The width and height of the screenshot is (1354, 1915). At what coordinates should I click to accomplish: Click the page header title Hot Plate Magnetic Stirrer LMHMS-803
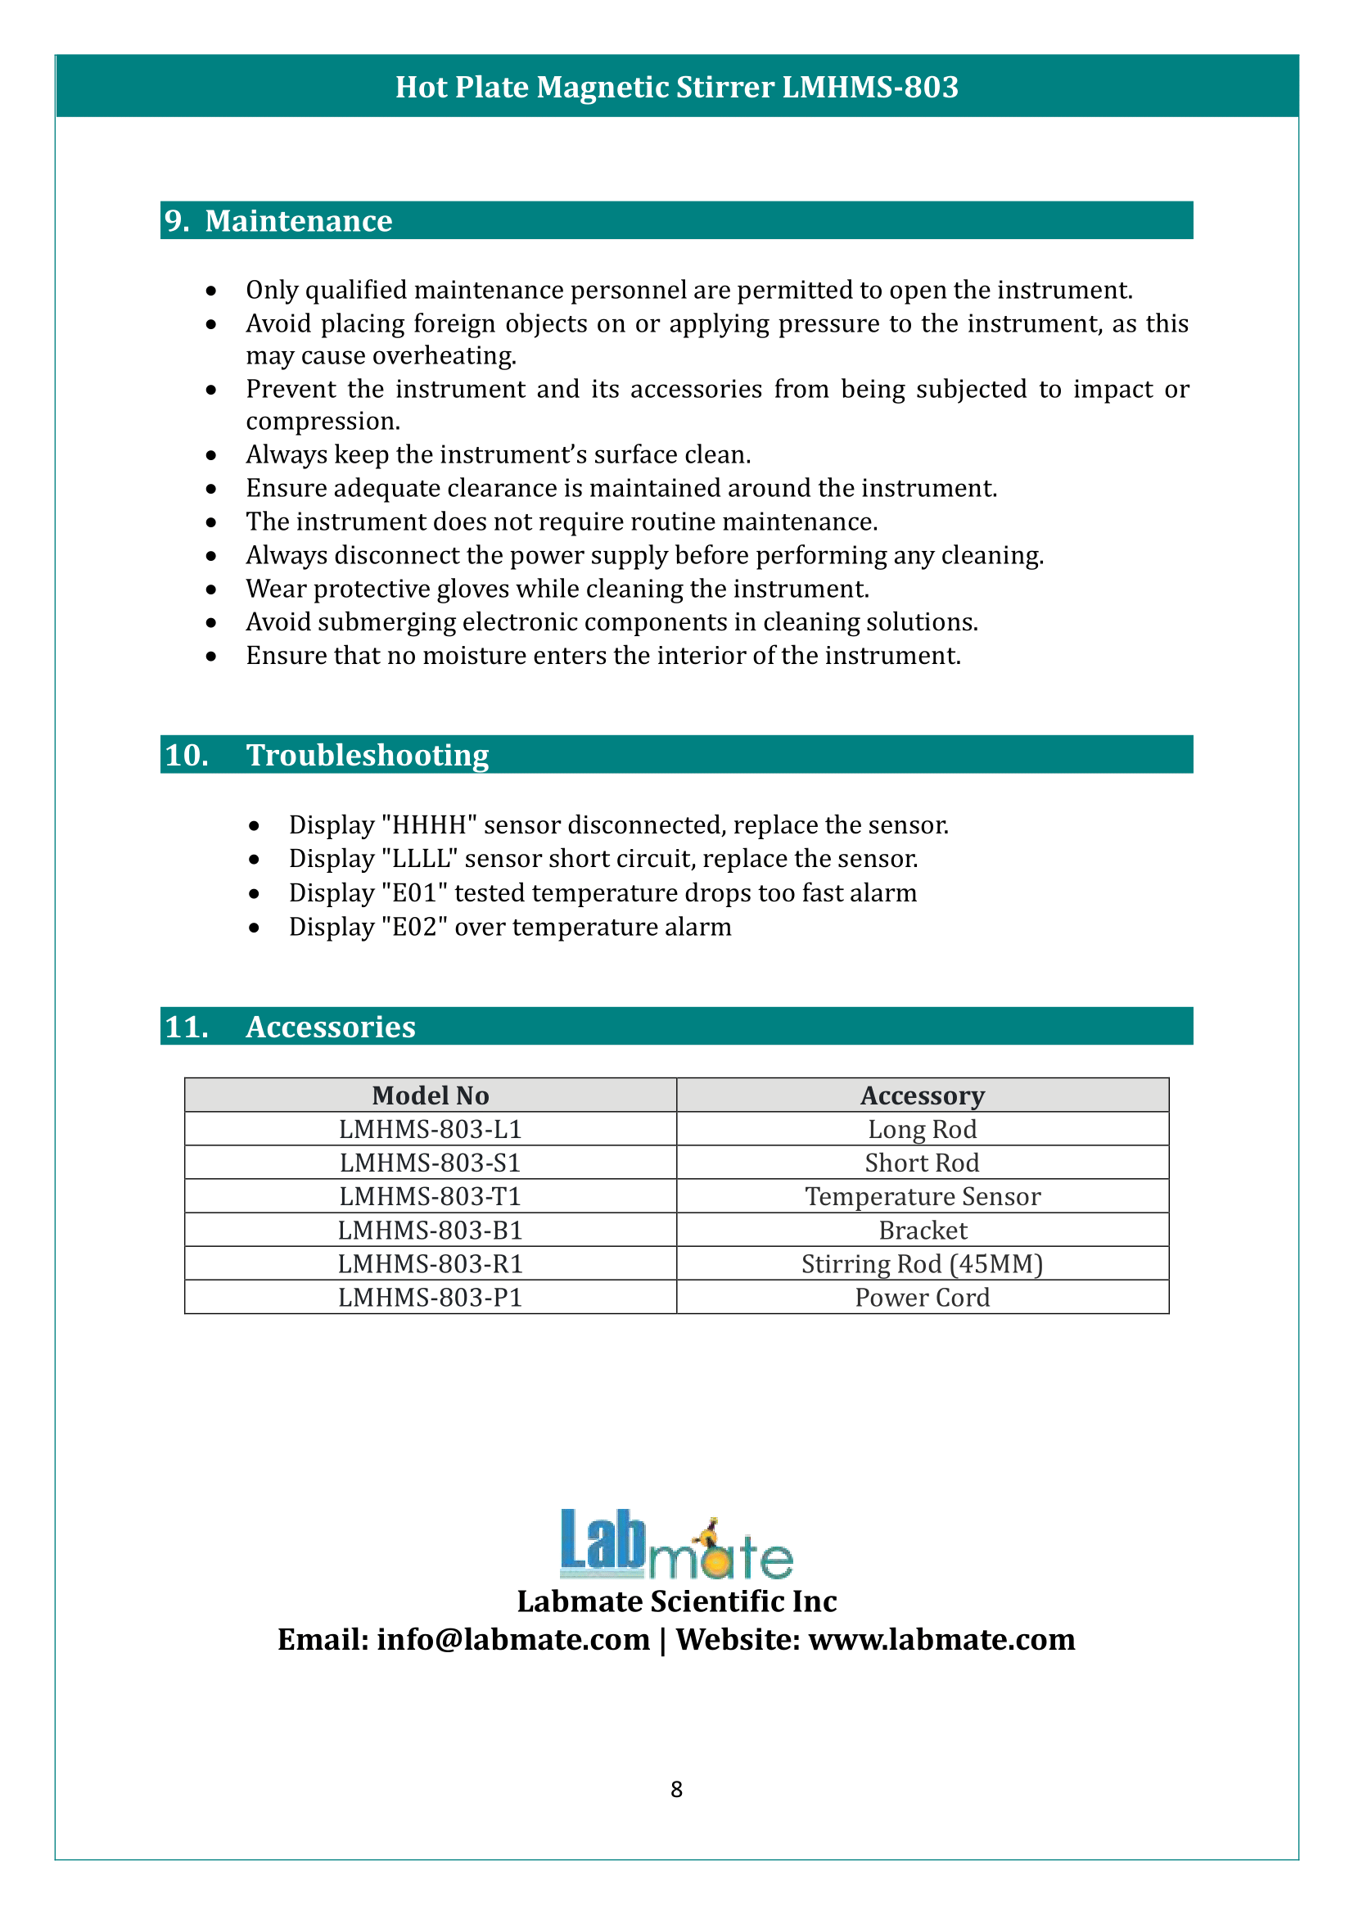pos(676,88)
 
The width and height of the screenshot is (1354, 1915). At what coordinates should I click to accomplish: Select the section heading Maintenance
pos(298,221)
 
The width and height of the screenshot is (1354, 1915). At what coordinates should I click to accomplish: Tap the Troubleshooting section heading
pos(367,755)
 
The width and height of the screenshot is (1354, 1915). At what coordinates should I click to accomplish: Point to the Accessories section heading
pos(330,1027)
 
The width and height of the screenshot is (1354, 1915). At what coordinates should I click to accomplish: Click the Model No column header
pos(431,1095)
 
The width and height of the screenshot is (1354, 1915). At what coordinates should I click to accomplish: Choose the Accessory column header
pos(922,1095)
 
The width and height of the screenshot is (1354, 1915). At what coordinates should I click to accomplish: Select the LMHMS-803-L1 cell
pos(431,1129)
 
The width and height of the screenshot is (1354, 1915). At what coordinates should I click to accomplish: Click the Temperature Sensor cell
pos(922,1197)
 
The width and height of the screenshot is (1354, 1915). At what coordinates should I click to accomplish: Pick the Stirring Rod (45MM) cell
pos(922,1264)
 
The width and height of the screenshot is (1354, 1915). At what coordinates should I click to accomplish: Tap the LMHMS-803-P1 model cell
pos(431,1298)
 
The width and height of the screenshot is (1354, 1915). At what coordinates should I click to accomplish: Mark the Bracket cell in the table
pos(922,1231)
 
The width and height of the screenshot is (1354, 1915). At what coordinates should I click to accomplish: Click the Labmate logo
pos(676,1546)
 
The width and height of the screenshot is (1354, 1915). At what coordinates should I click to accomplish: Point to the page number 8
pos(676,1789)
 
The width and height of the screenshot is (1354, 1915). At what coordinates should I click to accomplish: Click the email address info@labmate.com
pos(512,1640)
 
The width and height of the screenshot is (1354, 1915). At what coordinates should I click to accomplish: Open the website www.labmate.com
pos(941,1640)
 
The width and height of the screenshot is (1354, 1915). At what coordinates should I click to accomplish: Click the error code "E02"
pos(414,928)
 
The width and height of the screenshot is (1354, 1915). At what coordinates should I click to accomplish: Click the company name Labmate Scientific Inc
pos(676,1601)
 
